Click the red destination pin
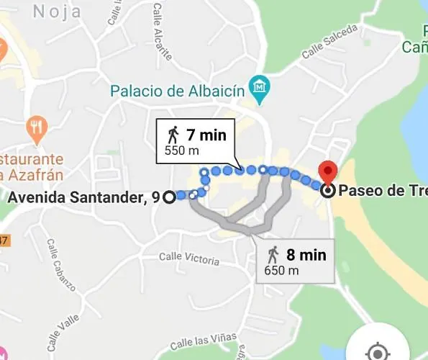(x=329, y=173)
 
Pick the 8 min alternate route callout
(x=296, y=261)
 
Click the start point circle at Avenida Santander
(x=170, y=197)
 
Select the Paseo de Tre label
(x=382, y=191)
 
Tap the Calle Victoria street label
(x=188, y=257)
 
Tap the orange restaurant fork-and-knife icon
(x=37, y=129)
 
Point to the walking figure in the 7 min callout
(x=173, y=134)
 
